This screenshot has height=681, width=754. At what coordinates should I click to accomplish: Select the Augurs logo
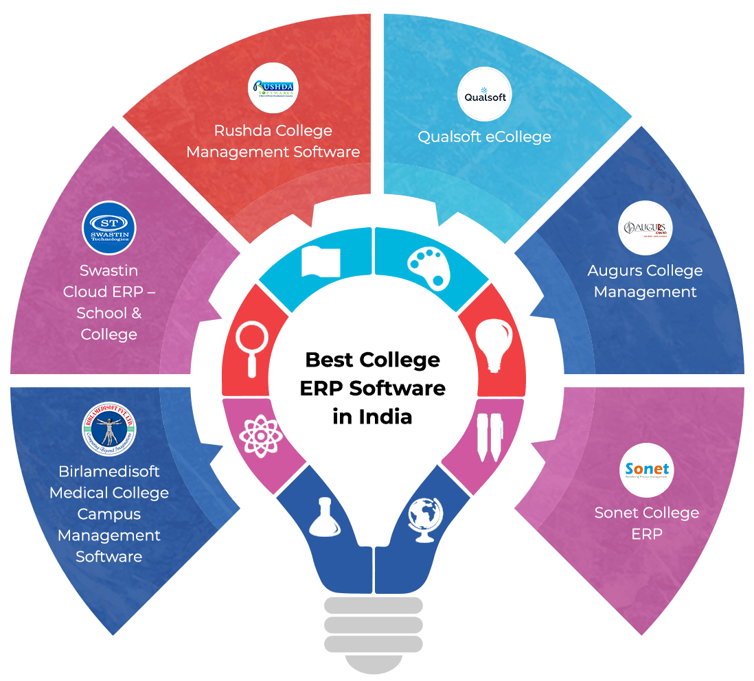(x=646, y=228)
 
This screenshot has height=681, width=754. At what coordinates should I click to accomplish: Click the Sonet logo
(x=647, y=470)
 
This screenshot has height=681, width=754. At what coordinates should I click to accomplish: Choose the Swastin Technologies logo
(x=109, y=228)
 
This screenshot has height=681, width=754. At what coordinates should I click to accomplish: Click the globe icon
(x=426, y=518)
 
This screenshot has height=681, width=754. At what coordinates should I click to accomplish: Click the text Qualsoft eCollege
(x=485, y=137)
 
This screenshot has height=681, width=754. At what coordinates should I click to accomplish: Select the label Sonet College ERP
(x=647, y=522)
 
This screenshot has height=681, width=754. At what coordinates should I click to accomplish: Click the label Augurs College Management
(x=646, y=281)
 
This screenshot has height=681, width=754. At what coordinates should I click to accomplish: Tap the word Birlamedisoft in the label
(x=109, y=472)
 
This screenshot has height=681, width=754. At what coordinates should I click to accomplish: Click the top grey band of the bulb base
(x=373, y=605)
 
